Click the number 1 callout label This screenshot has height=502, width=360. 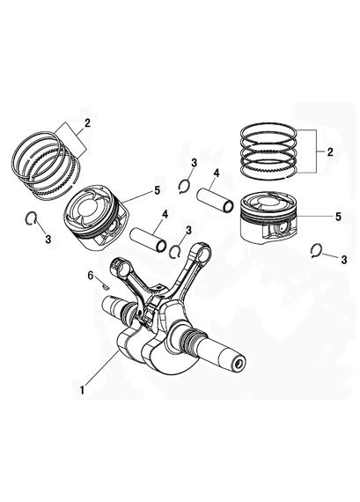(x=83, y=390)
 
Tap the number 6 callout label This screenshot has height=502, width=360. (x=91, y=276)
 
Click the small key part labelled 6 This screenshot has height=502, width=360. (x=105, y=286)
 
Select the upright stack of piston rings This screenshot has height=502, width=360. (x=268, y=151)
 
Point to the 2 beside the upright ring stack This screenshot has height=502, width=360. (x=330, y=151)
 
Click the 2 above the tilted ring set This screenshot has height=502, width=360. (x=87, y=123)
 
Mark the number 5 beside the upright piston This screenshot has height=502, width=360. (x=338, y=217)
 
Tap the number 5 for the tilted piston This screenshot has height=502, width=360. (x=157, y=190)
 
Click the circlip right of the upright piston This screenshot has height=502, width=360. (x=316, y=251)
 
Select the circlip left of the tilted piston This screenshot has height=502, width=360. (x=31, y=218)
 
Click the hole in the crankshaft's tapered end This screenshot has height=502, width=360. (x=238, y=364)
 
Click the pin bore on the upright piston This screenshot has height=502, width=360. (x=282, y=227)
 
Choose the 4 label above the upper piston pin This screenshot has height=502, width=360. (x=217, y=173)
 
